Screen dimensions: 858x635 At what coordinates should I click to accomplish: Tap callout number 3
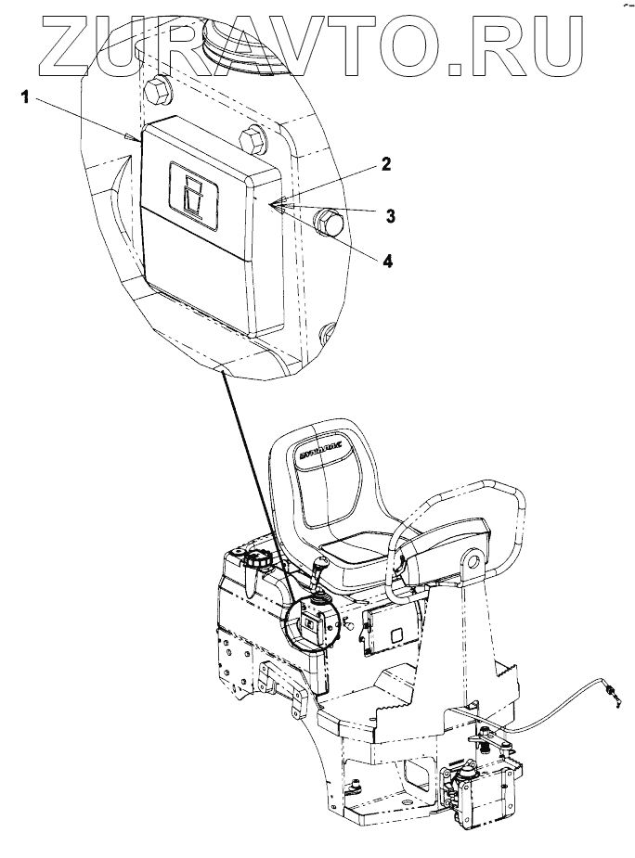(391, 215)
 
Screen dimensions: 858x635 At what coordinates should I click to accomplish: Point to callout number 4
(386, 262)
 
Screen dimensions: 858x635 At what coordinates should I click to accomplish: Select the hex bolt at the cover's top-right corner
(252, 140)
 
